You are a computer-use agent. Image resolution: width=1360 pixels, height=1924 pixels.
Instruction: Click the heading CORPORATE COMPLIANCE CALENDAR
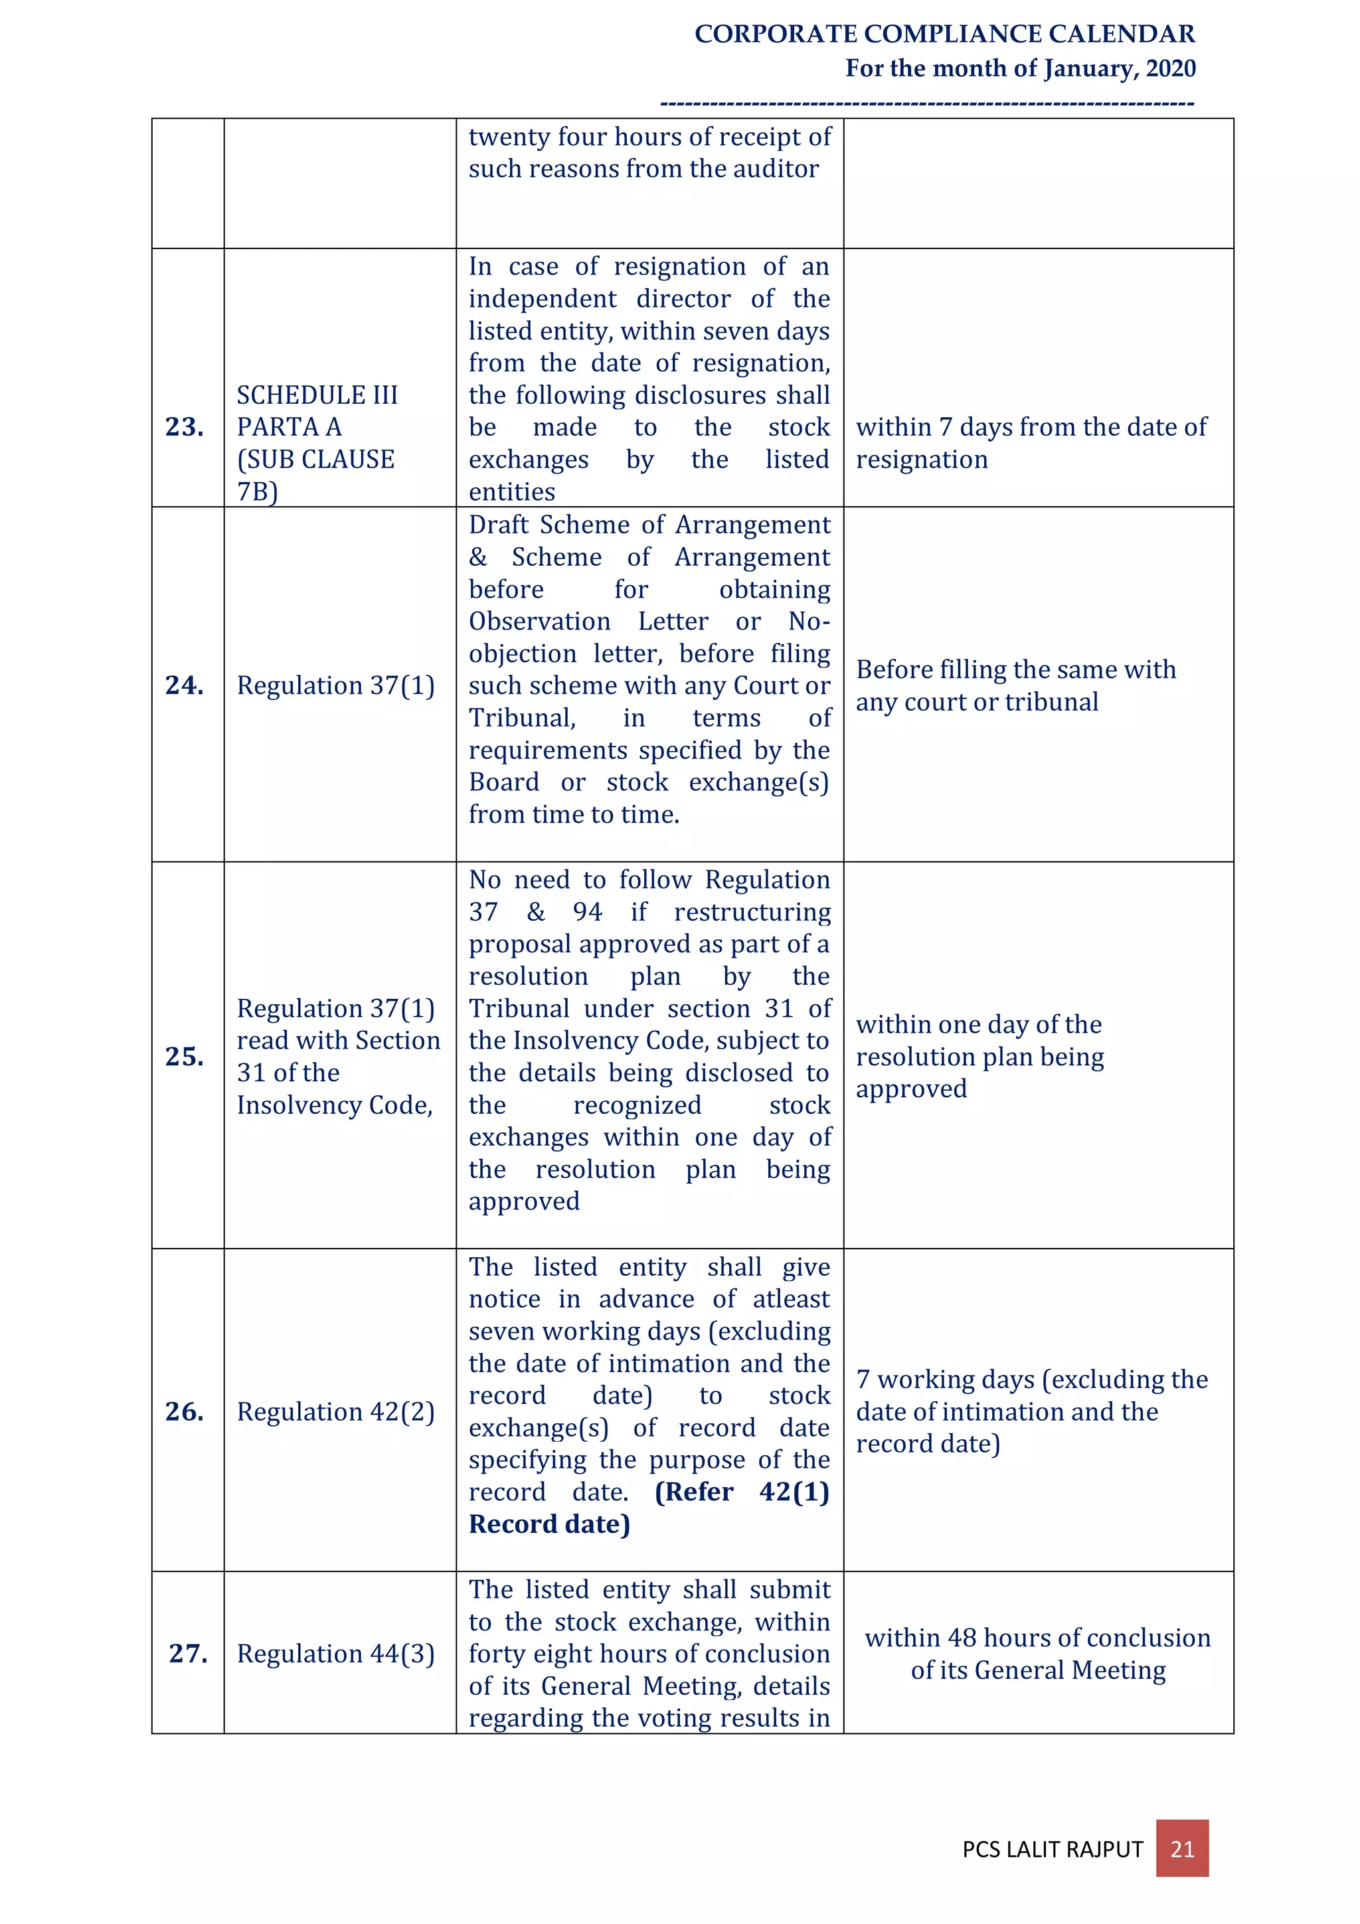pyautogui.click(x=944, y=35)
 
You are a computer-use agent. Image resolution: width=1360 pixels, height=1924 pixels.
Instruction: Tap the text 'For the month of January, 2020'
pyautogui.click(x=1020, y=68)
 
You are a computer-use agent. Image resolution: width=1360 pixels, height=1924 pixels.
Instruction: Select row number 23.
pyautogui.click(x=185, y=426)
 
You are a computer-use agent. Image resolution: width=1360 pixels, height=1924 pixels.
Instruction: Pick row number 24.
pyautogui.click(x=185, y=685)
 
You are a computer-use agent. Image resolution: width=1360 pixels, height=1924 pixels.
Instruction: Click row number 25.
pyautogui.click(x=185, y=1056)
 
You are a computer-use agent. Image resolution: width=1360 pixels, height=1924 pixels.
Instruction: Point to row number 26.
pyautogui.click(x=185, y=1411)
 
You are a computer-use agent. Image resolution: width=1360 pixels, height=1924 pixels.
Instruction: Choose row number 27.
pyautogui.click(x=188, y=1652)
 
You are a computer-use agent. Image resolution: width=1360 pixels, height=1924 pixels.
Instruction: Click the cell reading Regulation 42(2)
pyautogui.click(x=335, y=1412)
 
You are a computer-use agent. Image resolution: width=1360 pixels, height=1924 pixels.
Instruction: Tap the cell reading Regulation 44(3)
pyautogui.click(x=335, y=1653)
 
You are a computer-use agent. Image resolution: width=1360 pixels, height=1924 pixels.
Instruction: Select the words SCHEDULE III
pyautogui.click(x=317, y=394)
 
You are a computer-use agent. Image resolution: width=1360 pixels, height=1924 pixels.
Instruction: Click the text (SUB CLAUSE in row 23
pyautogui.click(x=315, y=459)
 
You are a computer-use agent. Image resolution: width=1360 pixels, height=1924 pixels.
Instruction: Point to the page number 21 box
pyautogui.click(x=1181, y=1848)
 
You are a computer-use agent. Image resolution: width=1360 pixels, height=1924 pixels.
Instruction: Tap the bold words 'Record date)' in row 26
pyautogui.click(x=549, y=1524)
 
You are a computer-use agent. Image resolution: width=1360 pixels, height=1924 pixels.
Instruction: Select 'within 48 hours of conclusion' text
pyautogui.click(x=1037, y=1637)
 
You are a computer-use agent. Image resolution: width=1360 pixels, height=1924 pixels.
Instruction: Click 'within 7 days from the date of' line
pyautogui.click(x=1031, y=427)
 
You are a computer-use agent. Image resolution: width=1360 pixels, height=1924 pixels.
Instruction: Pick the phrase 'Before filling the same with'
pyautogui.click(x=1015, y=669)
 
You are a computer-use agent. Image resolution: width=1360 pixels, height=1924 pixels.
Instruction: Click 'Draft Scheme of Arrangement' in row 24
pyautogui.click(x=649, y=525)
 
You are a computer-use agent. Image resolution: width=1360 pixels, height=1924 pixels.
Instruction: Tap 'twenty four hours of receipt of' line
pyautogui.click(x=649, y=137)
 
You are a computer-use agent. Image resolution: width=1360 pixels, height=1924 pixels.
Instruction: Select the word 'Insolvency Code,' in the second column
pyautogui.click(x=334, y=1105)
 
